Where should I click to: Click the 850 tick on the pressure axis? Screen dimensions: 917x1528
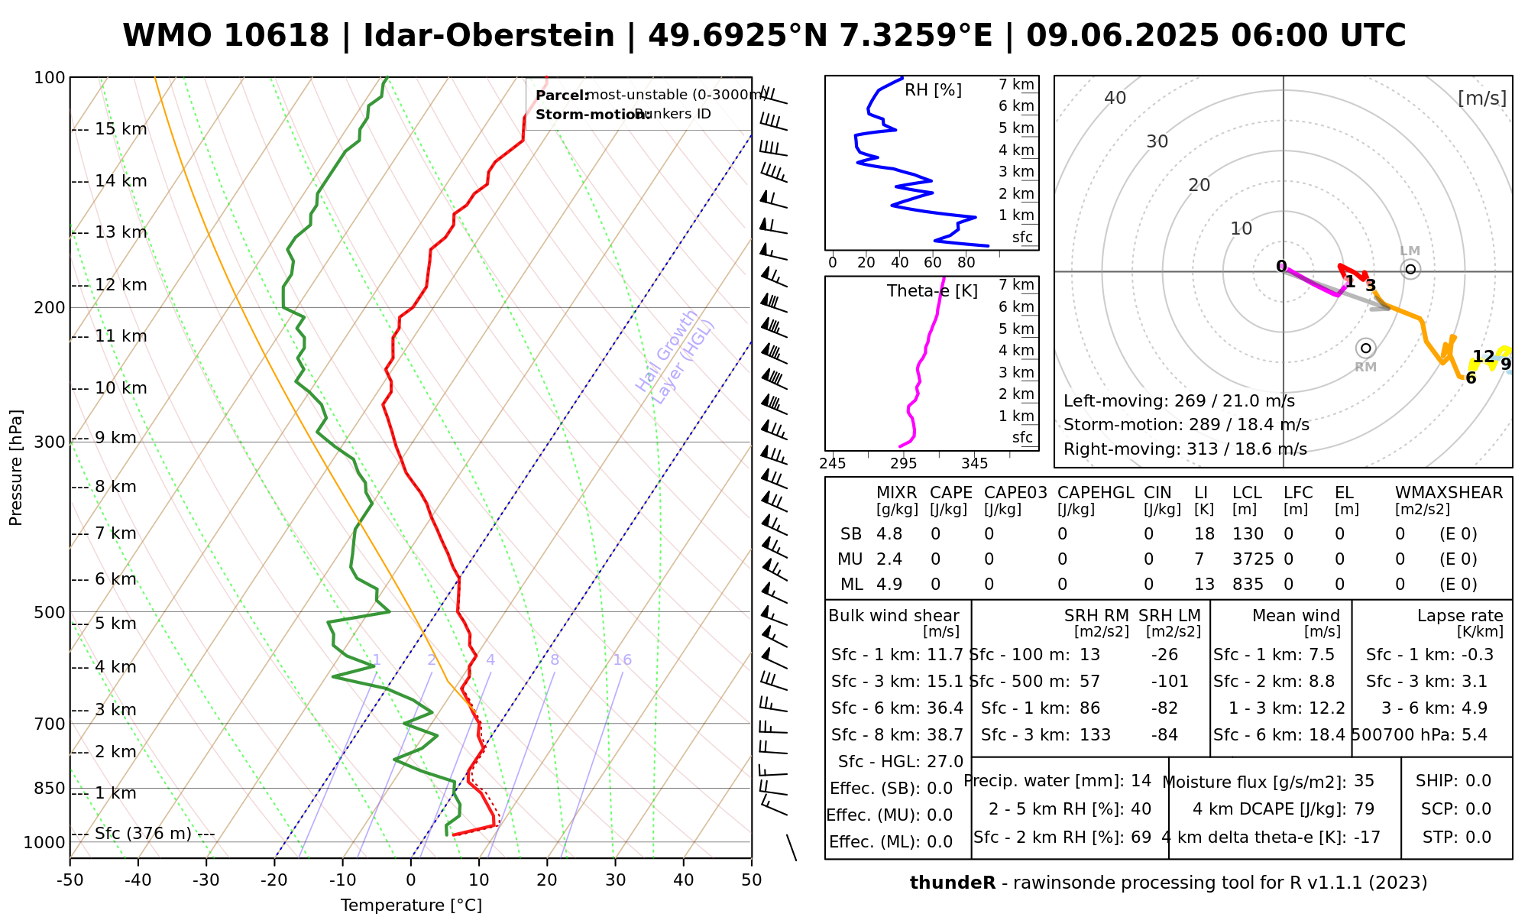50,788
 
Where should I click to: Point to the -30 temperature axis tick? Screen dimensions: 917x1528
206,880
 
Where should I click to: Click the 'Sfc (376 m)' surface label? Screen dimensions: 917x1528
143,833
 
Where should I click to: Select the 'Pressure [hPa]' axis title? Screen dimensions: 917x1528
15,468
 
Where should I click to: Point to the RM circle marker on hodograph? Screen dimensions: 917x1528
1366,348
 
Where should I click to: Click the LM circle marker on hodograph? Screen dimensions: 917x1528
1410,269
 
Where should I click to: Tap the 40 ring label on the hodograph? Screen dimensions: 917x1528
1115,98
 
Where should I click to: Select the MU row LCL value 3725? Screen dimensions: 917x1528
1253,559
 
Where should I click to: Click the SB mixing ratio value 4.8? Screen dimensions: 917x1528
889,534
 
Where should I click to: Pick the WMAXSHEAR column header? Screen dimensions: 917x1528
1449,493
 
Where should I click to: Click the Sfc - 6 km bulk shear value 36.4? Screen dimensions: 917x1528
944,708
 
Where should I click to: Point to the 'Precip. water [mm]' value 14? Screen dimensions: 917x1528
1141,781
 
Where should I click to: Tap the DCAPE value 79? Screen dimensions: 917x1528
1364,809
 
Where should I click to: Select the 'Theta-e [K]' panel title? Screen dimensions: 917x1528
932,291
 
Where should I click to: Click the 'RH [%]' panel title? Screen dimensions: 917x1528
933,90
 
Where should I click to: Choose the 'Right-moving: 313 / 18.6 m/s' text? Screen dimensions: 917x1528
1185,449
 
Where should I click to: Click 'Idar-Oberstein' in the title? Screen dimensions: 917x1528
489,36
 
